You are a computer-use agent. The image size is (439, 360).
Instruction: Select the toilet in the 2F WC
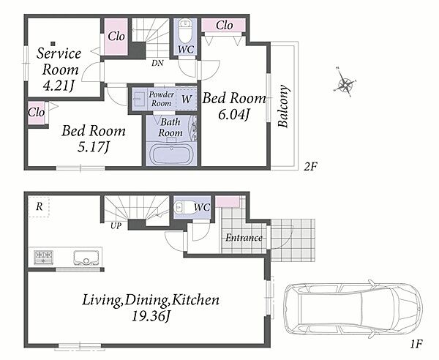click(184, 29)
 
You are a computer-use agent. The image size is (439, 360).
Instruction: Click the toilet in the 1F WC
click(183, 207)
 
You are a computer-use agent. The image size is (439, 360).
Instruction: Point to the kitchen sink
click(86, 258)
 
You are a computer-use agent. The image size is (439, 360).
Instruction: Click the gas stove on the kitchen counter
click(43, 258)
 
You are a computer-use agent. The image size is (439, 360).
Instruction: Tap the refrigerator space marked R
click(39, 207)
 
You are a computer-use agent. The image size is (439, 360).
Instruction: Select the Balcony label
click(283, 106)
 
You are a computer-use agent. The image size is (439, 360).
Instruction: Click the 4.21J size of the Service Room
click(59, 86)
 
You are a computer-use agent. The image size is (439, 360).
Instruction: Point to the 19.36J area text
click(151, 317)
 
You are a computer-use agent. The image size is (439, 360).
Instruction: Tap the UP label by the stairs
click(116, 225)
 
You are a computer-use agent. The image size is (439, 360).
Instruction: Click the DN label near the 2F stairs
click(157, 63)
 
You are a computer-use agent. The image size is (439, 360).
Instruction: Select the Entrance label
click(244, 238)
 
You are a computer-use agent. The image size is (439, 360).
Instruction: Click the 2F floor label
click(311, 167)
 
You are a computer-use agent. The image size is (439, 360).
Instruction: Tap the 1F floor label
click(416, 344)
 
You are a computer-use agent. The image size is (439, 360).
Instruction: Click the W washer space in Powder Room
click(186, 99)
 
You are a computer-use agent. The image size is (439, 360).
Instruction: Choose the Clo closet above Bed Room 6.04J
click(224, 26)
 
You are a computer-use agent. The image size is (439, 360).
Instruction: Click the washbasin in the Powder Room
click(138, 99)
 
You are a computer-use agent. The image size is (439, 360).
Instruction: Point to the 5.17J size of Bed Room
click(93, 148)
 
